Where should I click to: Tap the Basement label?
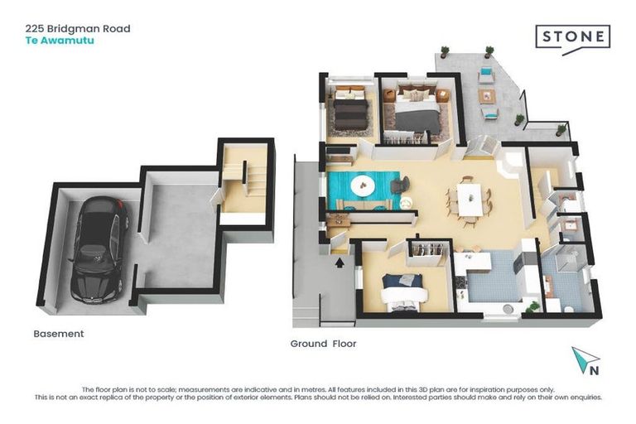pos(58,334)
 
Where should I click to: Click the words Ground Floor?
pos(323,343)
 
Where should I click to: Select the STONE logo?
pos(572,37)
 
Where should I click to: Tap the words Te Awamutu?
pos(57,40)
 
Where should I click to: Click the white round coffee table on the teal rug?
pos(362,186)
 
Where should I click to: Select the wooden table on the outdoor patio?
pos(489,96)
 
